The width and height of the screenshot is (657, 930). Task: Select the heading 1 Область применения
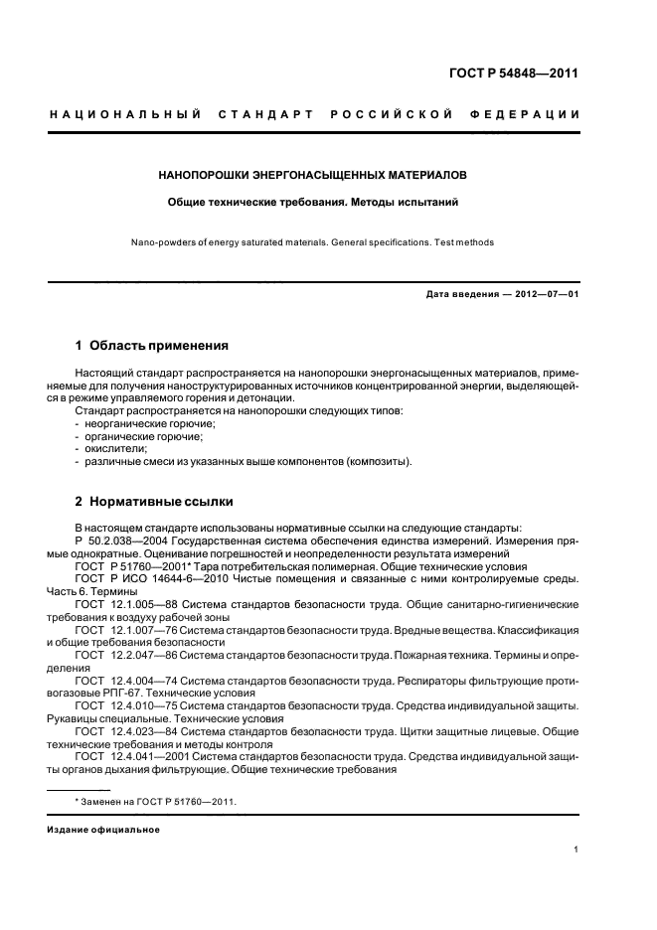(151, 346)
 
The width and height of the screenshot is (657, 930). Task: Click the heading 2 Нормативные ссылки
(154, 501)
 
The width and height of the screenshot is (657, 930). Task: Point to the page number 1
(575, 850)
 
